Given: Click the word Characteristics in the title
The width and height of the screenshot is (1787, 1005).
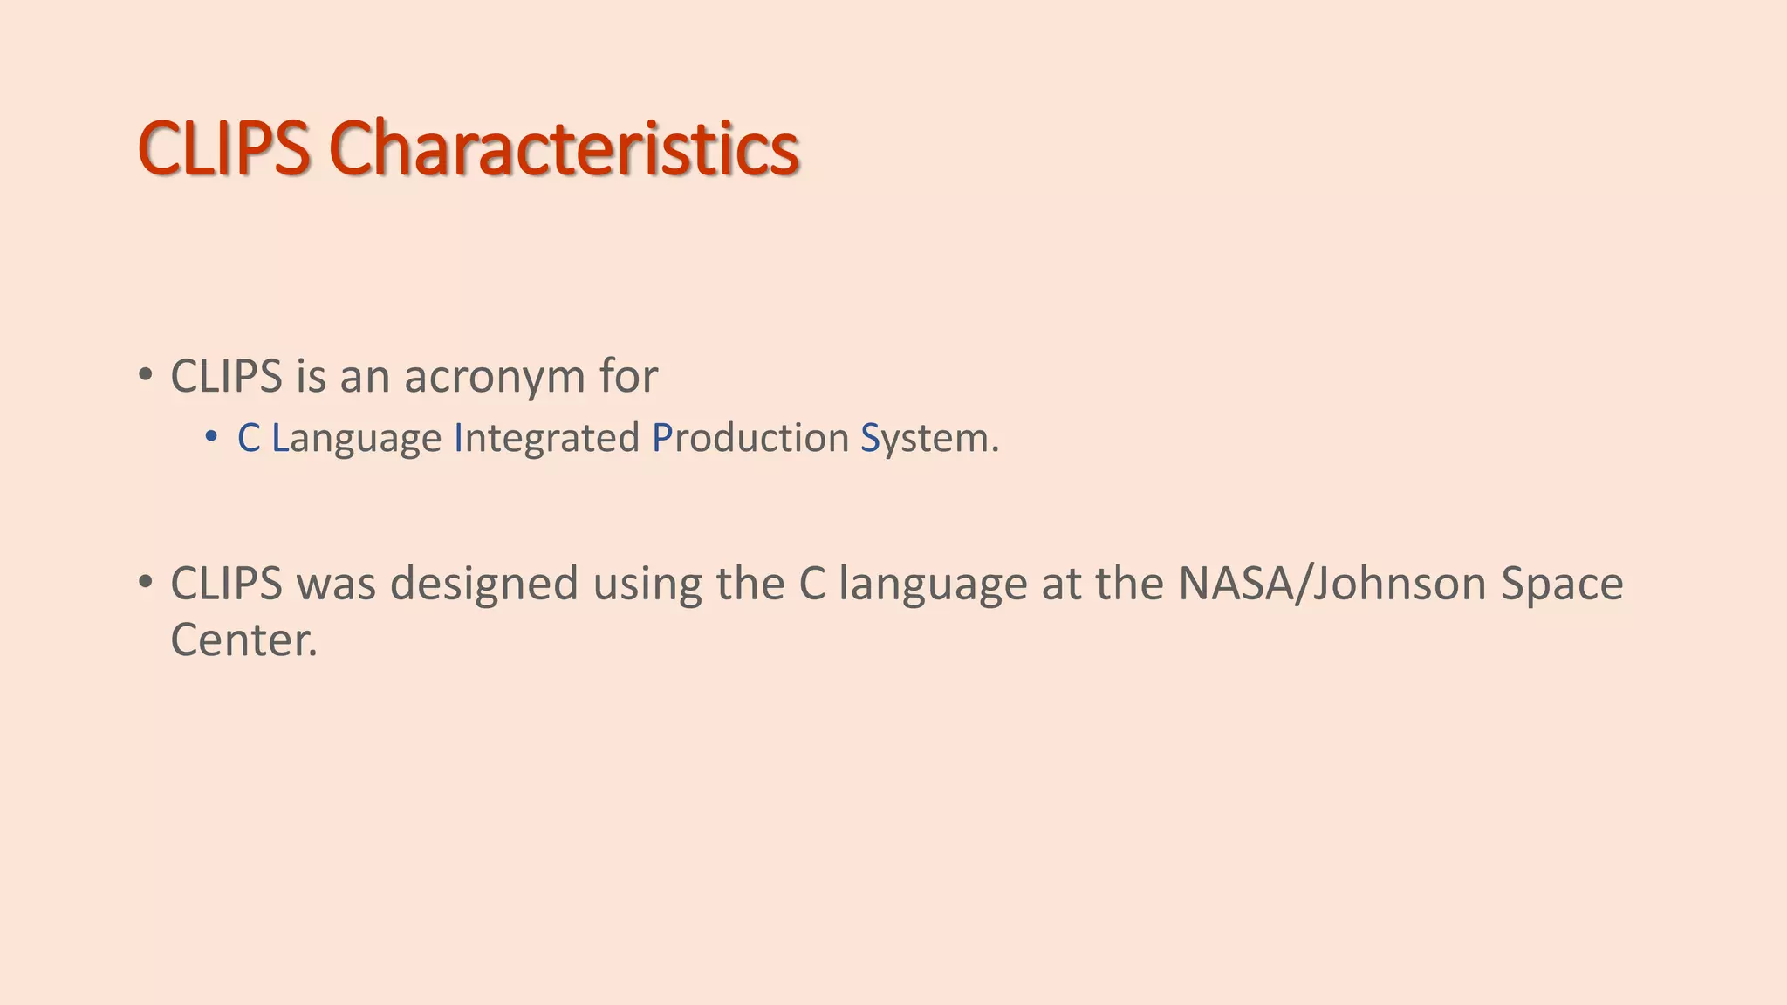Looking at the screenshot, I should [564, 148].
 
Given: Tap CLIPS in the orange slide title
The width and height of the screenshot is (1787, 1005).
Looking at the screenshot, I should [223, 148].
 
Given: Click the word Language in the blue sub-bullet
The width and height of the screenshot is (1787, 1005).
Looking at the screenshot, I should [357, 438].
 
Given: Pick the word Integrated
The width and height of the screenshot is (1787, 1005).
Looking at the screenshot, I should [547, 438].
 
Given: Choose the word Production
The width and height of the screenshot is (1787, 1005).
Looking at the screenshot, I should [750, 438].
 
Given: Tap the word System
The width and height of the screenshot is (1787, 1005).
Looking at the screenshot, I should [928, 438].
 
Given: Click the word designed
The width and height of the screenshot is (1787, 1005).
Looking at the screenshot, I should [483, 584].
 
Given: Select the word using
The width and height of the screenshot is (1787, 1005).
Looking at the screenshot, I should [647, 584].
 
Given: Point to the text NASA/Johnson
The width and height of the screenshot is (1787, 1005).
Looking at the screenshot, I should [1332, 584].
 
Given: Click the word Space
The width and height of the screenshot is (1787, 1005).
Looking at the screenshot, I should [1562, 584].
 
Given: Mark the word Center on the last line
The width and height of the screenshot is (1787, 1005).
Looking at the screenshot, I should [243, 640].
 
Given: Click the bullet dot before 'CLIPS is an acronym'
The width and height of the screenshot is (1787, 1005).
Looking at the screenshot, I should [145, 375].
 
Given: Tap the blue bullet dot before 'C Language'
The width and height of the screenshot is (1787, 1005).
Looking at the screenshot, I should [211, 435].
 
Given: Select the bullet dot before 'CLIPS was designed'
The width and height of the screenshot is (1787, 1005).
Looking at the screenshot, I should [145, 581].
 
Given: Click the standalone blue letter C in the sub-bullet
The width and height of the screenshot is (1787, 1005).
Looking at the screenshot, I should [249, 438].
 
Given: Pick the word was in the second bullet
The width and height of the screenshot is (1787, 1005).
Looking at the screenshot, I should [336, 584].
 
